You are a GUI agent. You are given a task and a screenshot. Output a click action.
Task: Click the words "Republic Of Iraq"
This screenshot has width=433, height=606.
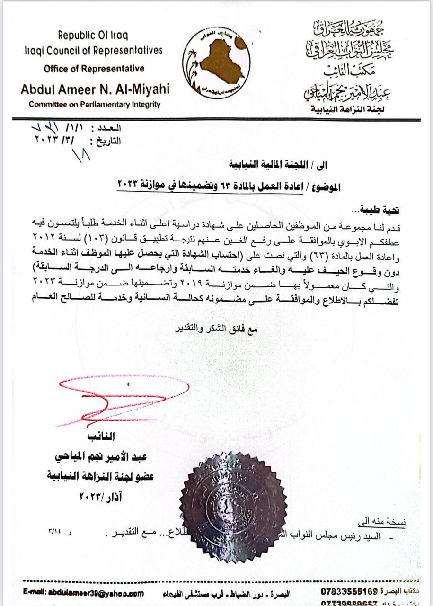[x=93, y=35]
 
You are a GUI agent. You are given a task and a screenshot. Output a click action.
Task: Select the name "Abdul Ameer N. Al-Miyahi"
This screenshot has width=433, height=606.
[x=95, y=89]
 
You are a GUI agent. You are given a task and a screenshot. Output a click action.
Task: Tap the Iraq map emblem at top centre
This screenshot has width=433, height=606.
[x=216, y=61]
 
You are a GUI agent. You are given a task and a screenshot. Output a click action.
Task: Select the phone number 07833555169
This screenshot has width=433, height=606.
[x=349, y=591]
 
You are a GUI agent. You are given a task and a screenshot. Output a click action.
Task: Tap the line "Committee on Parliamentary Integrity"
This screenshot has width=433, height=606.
[x=95, y=105]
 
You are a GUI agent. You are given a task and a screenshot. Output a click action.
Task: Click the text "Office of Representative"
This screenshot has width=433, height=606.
[x=94, y=69]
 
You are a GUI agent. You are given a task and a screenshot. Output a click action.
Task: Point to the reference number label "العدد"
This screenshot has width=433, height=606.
[x=109, y=129]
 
